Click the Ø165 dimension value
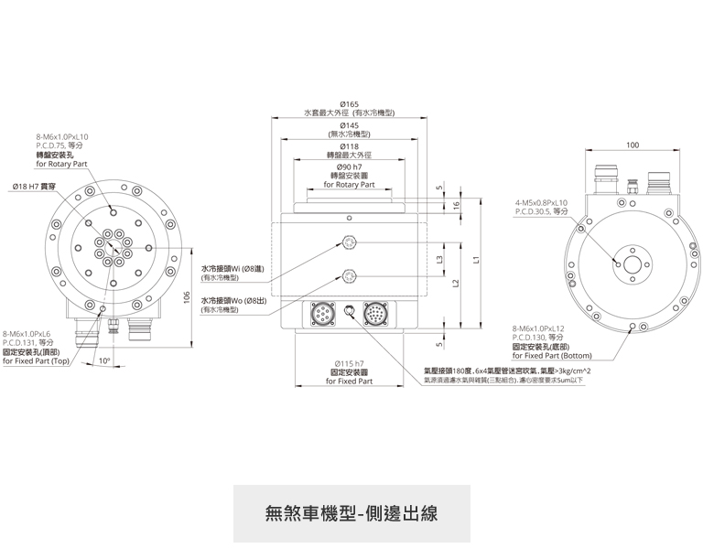point(349,104)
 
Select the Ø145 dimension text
point(349,125)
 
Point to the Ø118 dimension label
point(349,146)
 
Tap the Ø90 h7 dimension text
point(349,168)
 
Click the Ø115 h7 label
point(349,364)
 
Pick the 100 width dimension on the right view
point(633,145)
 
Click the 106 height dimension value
point(186,296)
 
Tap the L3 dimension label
point(440,260)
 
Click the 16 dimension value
point(456,206)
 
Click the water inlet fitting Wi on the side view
point(349,242)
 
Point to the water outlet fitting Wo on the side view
point(349,275)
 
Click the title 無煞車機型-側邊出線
point(351,512)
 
